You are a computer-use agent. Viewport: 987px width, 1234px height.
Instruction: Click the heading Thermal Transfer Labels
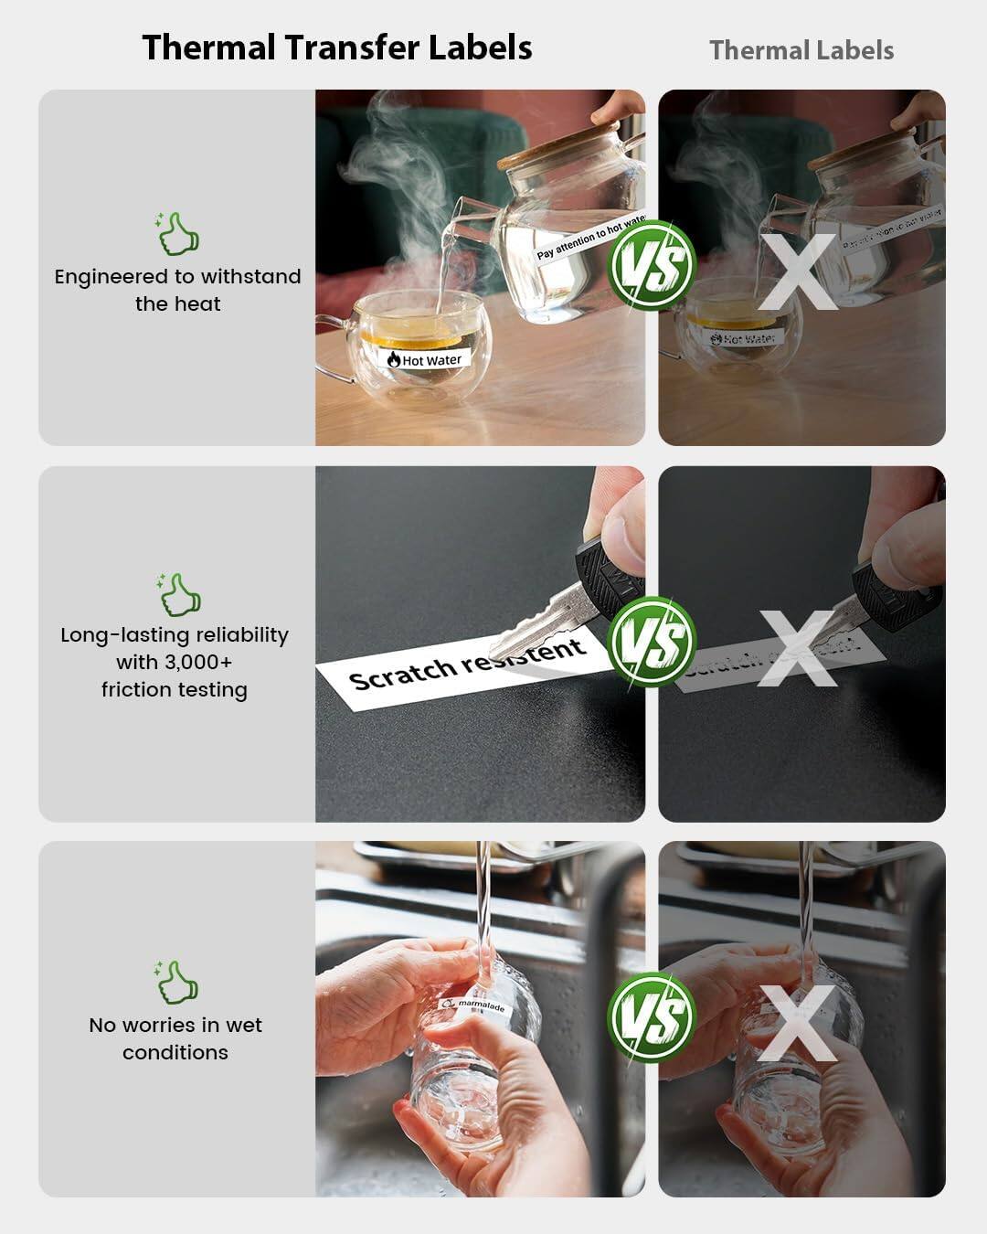[337, 48]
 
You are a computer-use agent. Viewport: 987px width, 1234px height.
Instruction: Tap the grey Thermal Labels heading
[801, 50]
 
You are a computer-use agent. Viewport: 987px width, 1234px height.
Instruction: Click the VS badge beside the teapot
[653, 266]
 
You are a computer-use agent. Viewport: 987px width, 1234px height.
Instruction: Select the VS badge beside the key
[653, 641]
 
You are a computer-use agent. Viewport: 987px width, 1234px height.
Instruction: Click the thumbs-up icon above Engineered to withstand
[177, 234]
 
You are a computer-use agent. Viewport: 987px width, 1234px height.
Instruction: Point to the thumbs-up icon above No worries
[177, 982]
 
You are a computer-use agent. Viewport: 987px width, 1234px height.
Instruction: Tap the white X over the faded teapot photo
[798, 271]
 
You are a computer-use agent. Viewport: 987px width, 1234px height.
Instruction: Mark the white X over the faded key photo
[798, 647]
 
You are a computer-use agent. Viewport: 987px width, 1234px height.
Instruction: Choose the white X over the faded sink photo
[798, 1023]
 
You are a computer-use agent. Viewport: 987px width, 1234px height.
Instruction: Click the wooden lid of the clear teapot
[558, 147]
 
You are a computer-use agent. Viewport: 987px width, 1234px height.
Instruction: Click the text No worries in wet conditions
[175, 1038]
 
